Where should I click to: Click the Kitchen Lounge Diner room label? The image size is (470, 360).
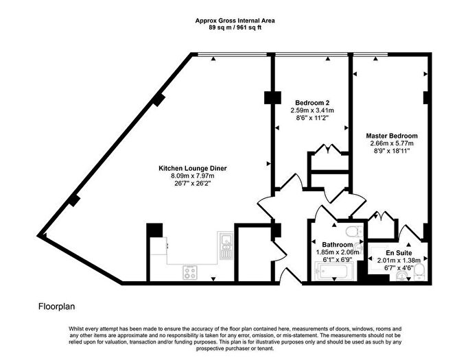click(193, 169)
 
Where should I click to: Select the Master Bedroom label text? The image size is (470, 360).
click(391, 136)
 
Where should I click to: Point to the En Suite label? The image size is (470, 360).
click(398, 252)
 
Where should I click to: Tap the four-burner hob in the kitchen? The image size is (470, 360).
click(191, 272)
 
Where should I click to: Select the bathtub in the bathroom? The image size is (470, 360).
click(331, 274)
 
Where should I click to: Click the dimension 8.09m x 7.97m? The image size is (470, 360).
click(193, 176)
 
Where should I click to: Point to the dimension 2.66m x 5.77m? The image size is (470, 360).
click(391, 143)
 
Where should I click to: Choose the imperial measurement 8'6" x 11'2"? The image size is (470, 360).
click(312, 117)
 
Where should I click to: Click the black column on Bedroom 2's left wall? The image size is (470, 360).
click(269, 98)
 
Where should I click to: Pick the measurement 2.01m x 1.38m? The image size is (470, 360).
click(398, 260)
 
